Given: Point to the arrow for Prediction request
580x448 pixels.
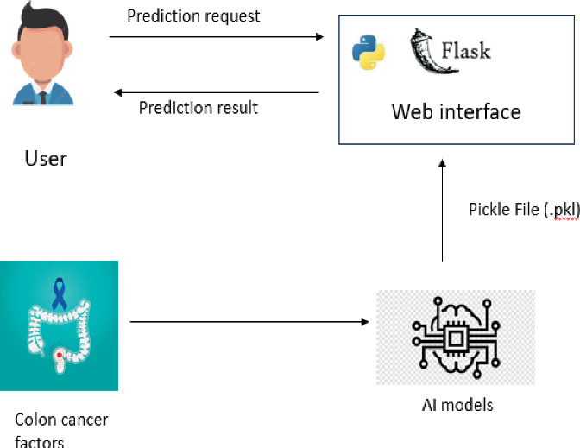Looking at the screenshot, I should coord(216,37).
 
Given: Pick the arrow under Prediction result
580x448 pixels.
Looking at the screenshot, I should coord(216,92).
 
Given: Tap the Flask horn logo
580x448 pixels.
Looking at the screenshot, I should coord(424,49).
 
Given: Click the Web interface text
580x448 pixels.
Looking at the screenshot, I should coord(456,111).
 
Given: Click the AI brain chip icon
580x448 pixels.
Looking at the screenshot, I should coord(455,337).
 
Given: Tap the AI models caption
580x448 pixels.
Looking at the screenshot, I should coord(456,405).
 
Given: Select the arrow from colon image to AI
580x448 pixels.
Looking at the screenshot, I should coord(248,323).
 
